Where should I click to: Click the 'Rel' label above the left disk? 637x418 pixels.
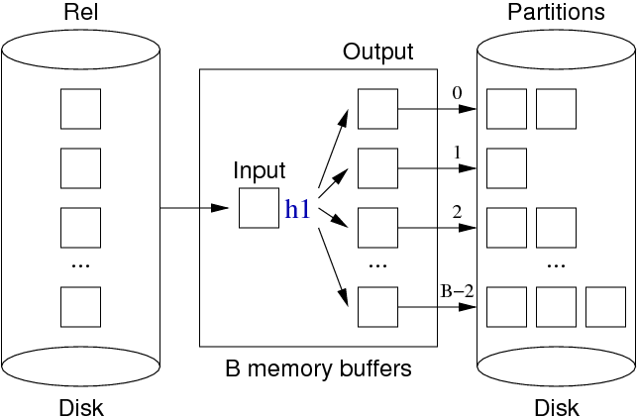[81, 13]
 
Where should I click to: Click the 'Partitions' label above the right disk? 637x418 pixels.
[556, 13]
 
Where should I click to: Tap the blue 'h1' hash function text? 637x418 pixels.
[299, 209]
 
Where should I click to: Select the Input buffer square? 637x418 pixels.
[259, 209]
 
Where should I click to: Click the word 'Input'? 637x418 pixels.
[260, 170]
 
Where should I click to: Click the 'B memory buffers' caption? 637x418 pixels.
[318, 369]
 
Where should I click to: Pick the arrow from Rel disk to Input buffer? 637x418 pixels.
[193, 209]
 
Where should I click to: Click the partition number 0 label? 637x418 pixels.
[457, 93]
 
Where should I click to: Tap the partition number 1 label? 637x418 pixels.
[457, 154]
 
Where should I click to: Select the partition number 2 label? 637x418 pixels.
[457, 211]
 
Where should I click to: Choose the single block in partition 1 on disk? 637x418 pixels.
[506, 167]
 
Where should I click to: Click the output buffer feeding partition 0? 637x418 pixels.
[377, 108]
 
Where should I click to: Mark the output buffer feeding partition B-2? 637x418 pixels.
[377, 306]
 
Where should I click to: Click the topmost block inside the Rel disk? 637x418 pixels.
[81, 108]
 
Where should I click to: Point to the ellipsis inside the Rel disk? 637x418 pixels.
[81, 265]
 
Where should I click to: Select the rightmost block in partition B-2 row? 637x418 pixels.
[605, 306]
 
